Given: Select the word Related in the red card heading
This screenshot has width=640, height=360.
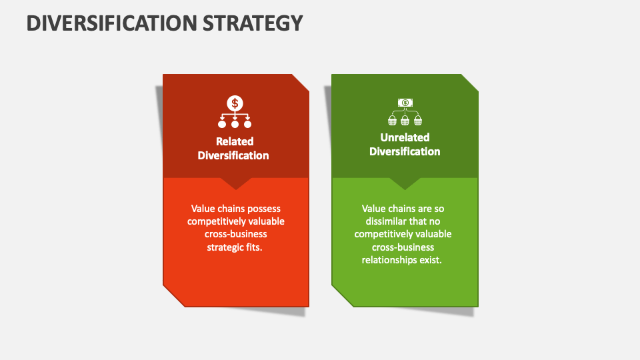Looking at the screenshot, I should [235, 141].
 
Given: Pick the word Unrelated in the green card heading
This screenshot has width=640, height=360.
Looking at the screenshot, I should [405, 137].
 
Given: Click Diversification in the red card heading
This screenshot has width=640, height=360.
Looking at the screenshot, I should [233, 155].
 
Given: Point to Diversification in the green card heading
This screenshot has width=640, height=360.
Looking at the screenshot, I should [405, 151].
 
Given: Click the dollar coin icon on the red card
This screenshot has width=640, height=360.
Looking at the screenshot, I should [235, 103].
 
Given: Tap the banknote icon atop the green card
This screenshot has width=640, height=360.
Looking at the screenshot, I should [405, 102].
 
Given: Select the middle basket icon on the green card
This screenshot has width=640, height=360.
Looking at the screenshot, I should [405, 120].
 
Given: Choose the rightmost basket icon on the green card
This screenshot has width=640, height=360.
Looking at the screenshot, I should [417, 120].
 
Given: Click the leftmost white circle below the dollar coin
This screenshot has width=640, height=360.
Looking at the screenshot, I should [222, 123].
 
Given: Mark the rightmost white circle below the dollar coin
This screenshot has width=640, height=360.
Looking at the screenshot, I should [247, 123].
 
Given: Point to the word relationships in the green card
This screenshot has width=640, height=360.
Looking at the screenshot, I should [390, 260].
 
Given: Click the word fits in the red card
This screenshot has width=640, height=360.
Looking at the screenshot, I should [255, 247].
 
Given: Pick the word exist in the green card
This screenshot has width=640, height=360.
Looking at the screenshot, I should [431, 260].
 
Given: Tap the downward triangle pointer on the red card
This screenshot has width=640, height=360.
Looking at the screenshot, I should [235, 183].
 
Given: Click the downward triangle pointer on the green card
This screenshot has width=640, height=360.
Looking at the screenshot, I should [405, 183].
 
